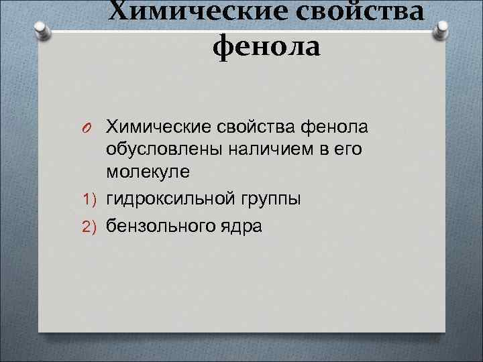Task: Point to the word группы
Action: click(x=271, y=199)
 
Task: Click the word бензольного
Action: click(x=160, y=227)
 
